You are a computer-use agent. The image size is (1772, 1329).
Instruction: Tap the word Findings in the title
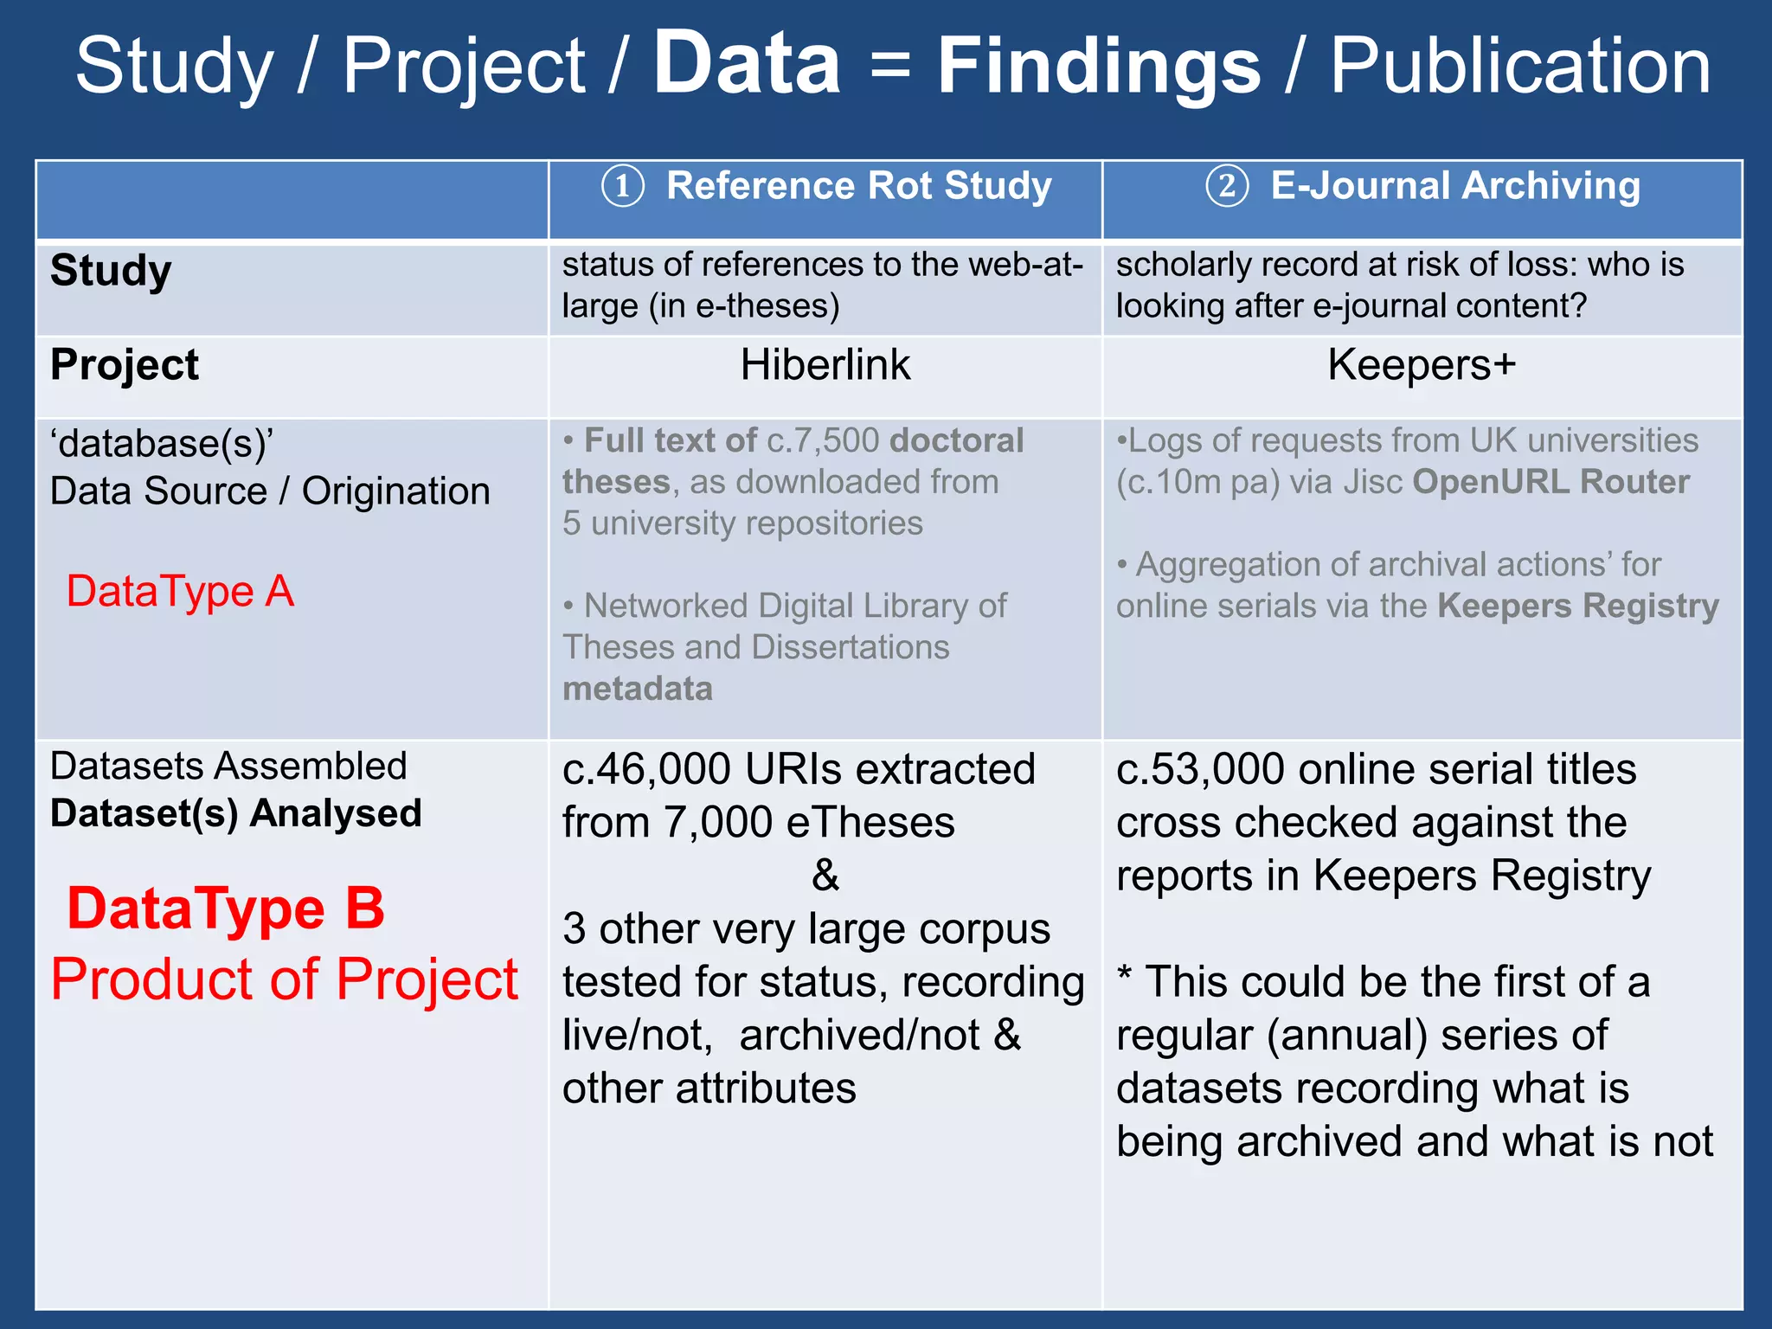pos(1099,67)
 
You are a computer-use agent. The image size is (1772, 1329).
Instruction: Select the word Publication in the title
pos(1520,67)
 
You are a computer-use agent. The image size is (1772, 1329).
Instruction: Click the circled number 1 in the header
pos(623,187)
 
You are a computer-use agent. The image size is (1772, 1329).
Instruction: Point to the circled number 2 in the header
pos(1227,187)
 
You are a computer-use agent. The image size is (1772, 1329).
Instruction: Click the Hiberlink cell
pos(825,365)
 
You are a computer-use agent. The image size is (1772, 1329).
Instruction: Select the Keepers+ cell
pos(1422,365)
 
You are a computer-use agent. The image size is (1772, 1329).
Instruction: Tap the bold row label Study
pos(111,271)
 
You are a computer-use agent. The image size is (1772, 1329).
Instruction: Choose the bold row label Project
pos(125,365)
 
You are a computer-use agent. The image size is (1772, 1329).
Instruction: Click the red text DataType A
pos(180,592)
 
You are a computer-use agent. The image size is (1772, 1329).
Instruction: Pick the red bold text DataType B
pos(226,909)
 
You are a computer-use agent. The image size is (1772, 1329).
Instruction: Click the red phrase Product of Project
pos(284,979)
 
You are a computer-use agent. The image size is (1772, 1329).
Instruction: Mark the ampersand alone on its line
pos(825,875)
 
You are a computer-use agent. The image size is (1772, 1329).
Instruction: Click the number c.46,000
pos(646,769)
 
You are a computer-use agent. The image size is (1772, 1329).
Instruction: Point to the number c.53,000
pos(1200,769)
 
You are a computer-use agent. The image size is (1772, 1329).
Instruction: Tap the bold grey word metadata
pos(638,689)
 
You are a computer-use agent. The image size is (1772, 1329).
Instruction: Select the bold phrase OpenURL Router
pos(1550,482)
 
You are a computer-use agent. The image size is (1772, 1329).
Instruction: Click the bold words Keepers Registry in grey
pos(1578,606)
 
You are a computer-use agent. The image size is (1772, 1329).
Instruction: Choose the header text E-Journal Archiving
pos(1455,186)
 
